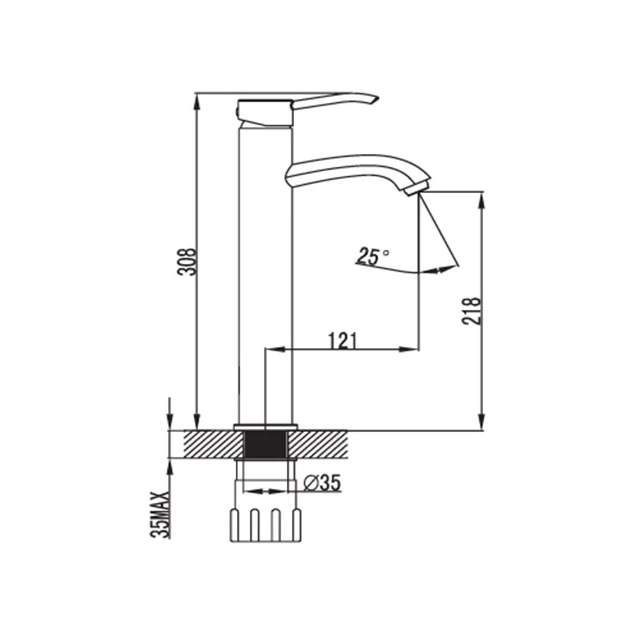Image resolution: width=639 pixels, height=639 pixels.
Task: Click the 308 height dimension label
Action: pos(187,261)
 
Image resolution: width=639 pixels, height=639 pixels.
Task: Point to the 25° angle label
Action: pos(373,256)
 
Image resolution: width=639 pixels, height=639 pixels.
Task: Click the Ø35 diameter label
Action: pos(322,483)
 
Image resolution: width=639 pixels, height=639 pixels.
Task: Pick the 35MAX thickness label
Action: pos(160,515)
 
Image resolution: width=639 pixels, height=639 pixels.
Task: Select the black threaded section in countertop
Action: pos(265,445)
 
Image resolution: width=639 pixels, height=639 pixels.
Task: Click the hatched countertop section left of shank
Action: pos(213,444)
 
